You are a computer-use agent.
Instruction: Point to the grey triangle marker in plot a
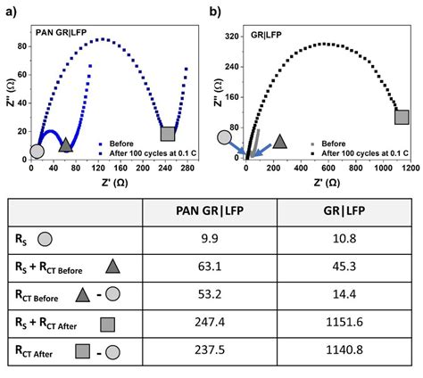pyautogui.click(x=65, y=144)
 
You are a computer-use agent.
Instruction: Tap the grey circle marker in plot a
pyautogui.click(x=37, y=151)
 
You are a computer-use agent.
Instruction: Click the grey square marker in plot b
pyautogui.click(x=402, y=117)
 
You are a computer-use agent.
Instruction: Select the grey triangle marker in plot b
pyautogui.click(x=279, y=141)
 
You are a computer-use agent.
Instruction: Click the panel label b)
pyautogui.click(x=215, y=12)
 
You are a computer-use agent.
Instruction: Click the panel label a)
pyautogui.click(x=10, y=12)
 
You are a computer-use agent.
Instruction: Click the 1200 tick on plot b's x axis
pyautogui.click(x=406, y=167)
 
